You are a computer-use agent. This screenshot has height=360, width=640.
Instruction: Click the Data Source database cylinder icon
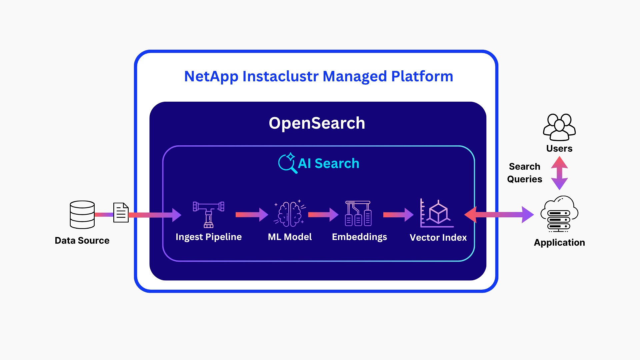point(82,215)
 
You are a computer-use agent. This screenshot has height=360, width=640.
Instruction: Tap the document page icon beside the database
point(121,212)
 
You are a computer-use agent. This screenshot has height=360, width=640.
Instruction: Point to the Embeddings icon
point(358,214)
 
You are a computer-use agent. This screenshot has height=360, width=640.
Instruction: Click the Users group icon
point(559,127)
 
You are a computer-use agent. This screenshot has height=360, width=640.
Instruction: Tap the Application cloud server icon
point(559,214)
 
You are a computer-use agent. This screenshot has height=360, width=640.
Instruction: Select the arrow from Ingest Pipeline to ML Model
point(252,215)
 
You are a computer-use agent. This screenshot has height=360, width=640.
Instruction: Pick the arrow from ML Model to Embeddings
point(323,215)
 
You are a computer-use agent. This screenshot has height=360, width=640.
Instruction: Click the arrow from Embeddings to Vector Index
point(398,215)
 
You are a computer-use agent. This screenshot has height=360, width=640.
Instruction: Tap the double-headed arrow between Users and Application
point(559,173)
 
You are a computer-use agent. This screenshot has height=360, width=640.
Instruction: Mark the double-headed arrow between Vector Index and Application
point(499,215)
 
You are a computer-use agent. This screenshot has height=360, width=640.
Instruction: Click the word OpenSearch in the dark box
point(317,123)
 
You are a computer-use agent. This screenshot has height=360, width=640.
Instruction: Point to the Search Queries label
point(524,173)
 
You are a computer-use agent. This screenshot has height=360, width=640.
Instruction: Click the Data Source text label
point(82,240)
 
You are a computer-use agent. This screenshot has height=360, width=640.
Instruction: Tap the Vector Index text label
point(438,237)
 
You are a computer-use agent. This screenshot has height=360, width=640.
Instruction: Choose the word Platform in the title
point(422,76)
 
